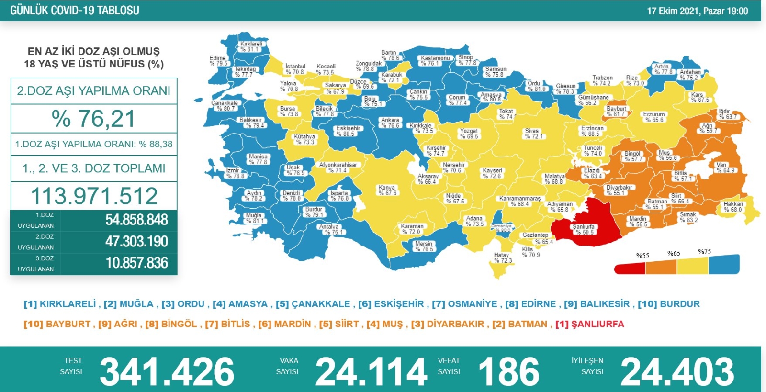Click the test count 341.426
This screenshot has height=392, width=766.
click(167, 371)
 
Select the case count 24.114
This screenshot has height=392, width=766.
click(371, 371)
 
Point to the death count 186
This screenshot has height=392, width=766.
click(508, 371)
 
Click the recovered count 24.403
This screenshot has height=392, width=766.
click(677, 371)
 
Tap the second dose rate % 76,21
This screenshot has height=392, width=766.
click(94, 119)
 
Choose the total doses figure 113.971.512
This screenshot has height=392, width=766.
click(94, 196)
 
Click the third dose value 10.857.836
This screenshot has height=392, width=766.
click(137, 263)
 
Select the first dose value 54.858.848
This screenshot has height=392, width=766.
click(137, 220)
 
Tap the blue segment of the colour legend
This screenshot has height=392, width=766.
click(723, 265)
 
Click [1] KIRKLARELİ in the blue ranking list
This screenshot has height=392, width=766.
click(60, 304)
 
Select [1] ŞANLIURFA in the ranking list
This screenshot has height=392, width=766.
click(590, 324)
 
